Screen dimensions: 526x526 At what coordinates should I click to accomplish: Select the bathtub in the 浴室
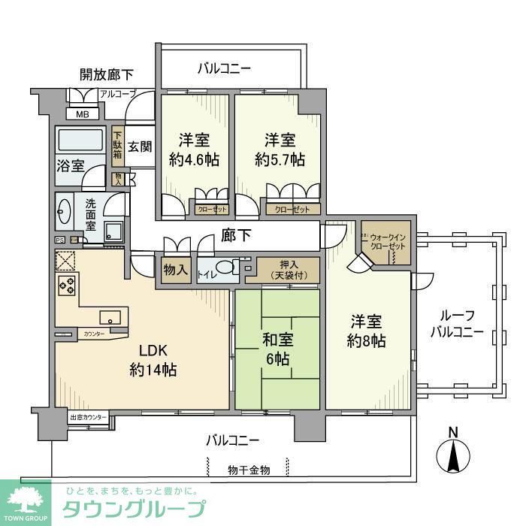[x=80, y=141]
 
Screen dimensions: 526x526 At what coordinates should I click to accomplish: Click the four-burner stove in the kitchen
[x=66, y=286]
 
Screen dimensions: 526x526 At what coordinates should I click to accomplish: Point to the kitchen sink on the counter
[x=110, y=316]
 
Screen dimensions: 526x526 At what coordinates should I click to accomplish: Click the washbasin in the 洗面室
[x=63, y=212]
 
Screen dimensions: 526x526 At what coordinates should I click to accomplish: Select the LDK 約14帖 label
[x=153, y=361]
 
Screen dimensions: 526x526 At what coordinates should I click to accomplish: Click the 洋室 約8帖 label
[x=367, y=331]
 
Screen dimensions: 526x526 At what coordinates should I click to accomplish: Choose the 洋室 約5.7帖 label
[x=280, y=150]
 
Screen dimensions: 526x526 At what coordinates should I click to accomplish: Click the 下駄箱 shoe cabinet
[x=118, y=145]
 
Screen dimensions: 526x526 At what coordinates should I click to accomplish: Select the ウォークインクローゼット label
[x=386, y=242]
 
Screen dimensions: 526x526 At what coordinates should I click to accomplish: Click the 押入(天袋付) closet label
[x=289, y=269]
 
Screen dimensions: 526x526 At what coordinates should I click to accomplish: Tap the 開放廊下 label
[x=107, y=74]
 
